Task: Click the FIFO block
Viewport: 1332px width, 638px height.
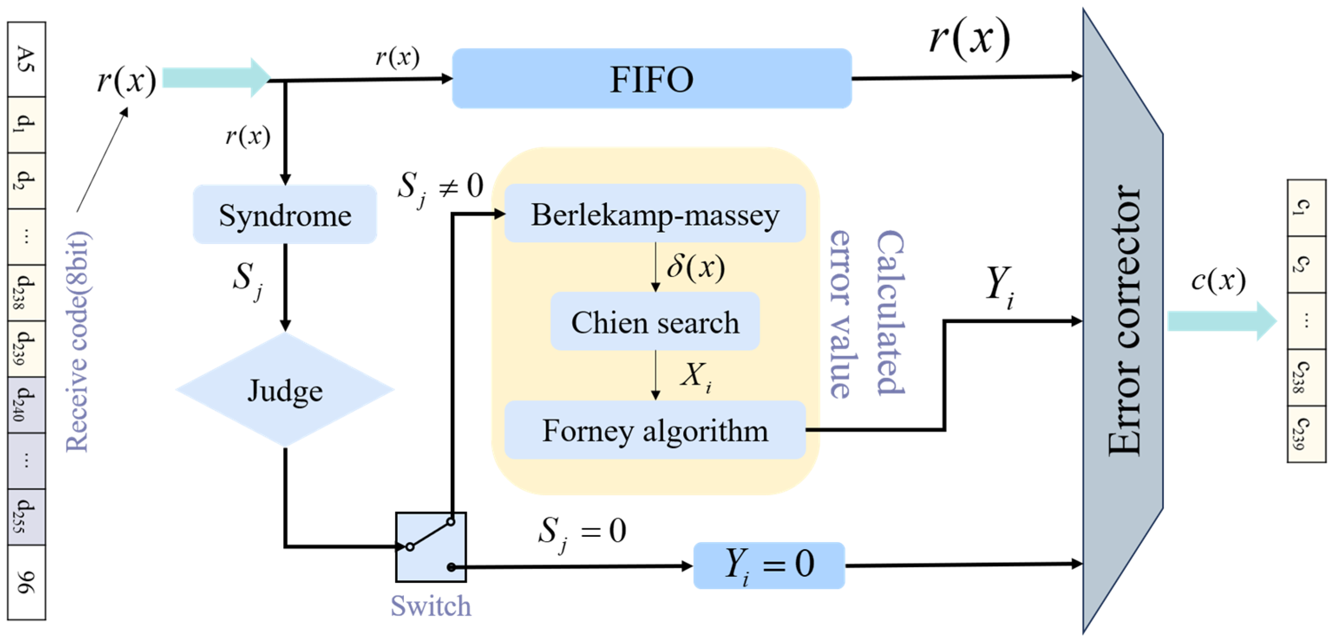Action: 651,79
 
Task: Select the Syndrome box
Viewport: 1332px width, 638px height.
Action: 285,214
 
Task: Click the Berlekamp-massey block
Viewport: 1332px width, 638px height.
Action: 655,214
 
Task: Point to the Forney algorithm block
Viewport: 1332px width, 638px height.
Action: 655,430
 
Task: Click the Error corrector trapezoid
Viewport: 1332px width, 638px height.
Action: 1123,321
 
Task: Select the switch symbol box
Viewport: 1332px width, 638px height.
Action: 431,547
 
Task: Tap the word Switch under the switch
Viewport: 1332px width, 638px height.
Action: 431,605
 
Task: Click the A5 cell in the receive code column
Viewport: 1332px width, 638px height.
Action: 26,59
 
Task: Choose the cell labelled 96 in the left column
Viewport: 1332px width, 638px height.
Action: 26,582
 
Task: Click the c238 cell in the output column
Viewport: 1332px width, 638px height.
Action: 1306,377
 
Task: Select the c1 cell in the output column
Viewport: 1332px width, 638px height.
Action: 1306,207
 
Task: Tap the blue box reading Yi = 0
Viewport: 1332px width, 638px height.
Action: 769,565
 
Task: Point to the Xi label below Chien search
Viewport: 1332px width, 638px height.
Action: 695,376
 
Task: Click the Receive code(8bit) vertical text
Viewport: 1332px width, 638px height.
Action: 78,342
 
